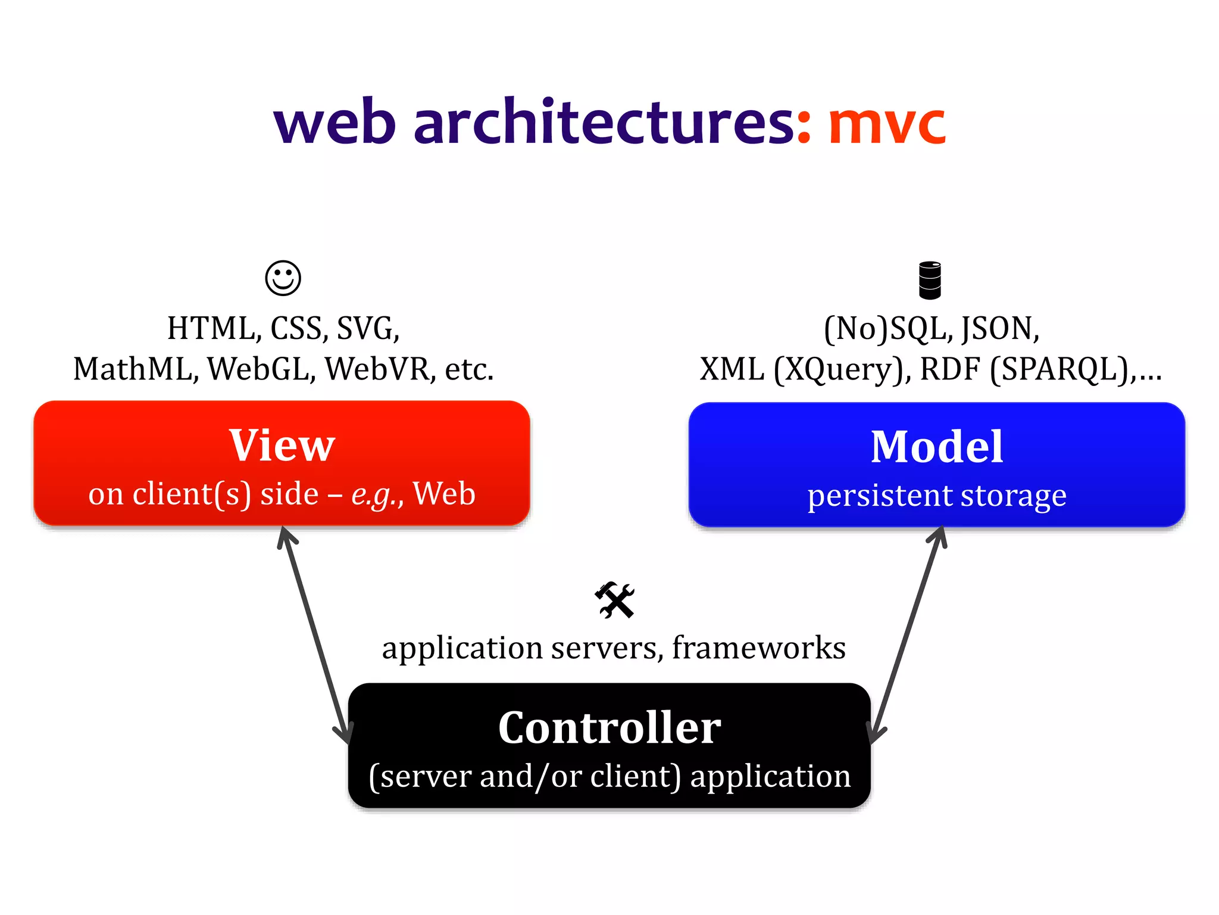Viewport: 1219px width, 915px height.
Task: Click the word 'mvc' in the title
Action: click(x=887, y=125)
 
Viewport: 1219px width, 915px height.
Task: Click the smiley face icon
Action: click(x=283, y=278)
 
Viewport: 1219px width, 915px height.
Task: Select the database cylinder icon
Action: click(x=930, y=280)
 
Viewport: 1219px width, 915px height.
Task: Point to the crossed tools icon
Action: click(x=615, y=600)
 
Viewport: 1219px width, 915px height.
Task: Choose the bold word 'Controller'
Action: click(x=609, y=728)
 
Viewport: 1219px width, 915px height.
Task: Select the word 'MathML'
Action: click(x=135, y=369)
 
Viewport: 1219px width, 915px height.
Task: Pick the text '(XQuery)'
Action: click(x=842, y=369)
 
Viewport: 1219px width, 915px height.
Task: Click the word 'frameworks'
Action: click(x=758, y=648)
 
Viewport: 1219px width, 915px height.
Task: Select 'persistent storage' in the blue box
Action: click(x=936, y=496)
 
